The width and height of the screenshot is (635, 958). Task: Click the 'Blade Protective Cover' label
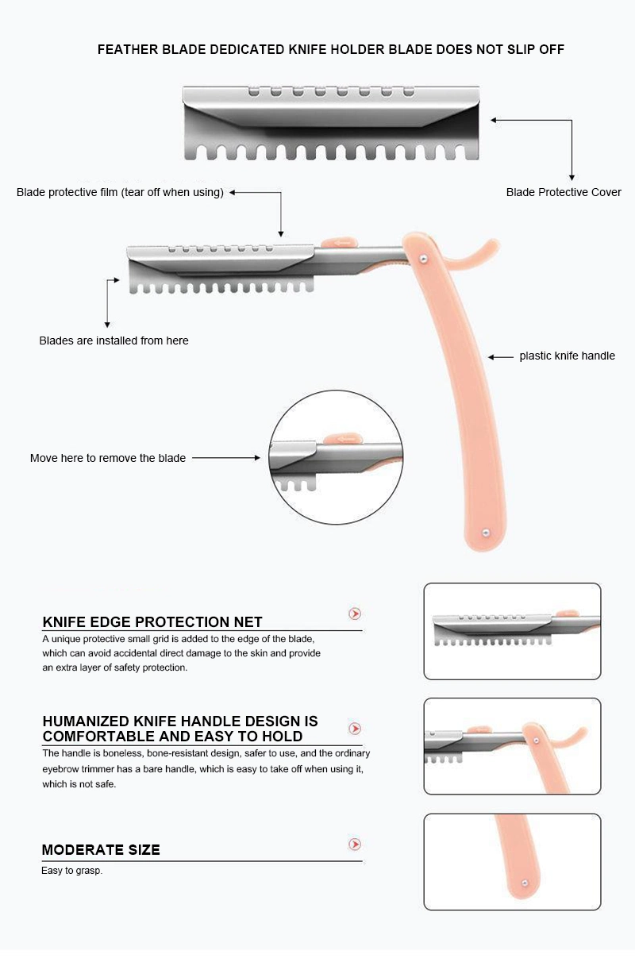pyautogui.click(x=563, y=192)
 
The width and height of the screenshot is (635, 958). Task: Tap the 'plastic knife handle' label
pyautogui.click(x=567, y=356)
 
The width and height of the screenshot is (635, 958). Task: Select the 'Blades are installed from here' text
pyautogui.click(x=114, y=340)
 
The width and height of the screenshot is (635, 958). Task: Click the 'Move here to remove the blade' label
pyautogui.click(x=108, y=458)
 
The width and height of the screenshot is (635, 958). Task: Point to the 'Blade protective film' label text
pyautogui.click(x=67, y=192)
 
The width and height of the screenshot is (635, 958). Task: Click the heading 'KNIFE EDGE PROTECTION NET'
pyautogui.click(x=152, y=621)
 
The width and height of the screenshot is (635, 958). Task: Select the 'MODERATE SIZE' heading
pyautogui.click(x=101, y=850)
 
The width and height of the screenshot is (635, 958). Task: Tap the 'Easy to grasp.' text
pyautogui.click(x=72, y=871)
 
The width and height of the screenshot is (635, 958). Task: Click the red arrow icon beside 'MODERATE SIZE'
pyautogui.click(x=355, y=844)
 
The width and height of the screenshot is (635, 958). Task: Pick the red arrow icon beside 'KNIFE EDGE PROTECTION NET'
pyautogui.click(x=355, y=614)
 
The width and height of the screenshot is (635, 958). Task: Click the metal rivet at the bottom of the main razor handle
pyautogui.click(x=485, y=533)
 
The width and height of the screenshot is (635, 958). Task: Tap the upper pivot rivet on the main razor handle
pyautogui.click(x=424, y=257)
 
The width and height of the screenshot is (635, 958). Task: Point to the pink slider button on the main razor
pyautogui.click(x=339, y=243)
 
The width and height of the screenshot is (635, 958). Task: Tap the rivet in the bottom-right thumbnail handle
pyautogui.click(x=525, y=883)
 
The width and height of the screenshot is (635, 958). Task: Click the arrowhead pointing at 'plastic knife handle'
pyautogui.click(x=491, y=356)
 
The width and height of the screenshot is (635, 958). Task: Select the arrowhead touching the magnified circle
pyautogui.click(x=257, y=458)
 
